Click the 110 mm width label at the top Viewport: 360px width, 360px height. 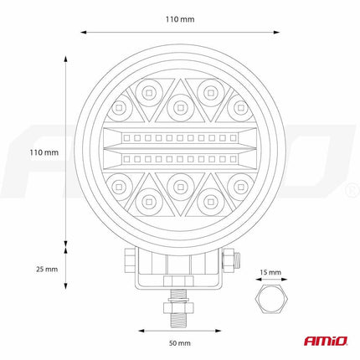(x=180, y=18)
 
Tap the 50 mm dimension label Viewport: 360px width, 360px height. (x=180, y=343)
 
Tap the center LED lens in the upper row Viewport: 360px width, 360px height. (x=180, y=107)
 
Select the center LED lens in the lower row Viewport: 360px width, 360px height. (x=180, y=182)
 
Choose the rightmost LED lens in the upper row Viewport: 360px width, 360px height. (x=240, y=107)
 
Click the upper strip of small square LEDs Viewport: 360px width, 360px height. (x=180, y=136)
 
